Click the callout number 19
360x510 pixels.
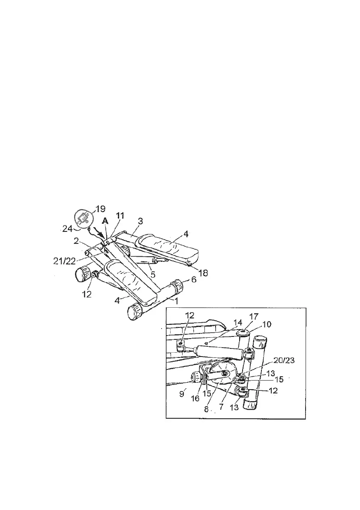pyautogui.click(x=100, y=209)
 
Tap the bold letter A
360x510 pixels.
pyautogui.click(x=105, y=222)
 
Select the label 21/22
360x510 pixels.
pyautogui.click(x=64, y=261)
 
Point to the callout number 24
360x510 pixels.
pyautogui.click(x=67, y=229)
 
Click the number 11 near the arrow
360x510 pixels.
pyautogui.click(x=120, y=216)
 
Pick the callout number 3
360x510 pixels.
pyautogui.click(x=140, y=222)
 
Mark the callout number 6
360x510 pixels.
pyautogui.click(x=194, y=279)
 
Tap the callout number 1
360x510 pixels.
pyautogui.click(x=176, y=301)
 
